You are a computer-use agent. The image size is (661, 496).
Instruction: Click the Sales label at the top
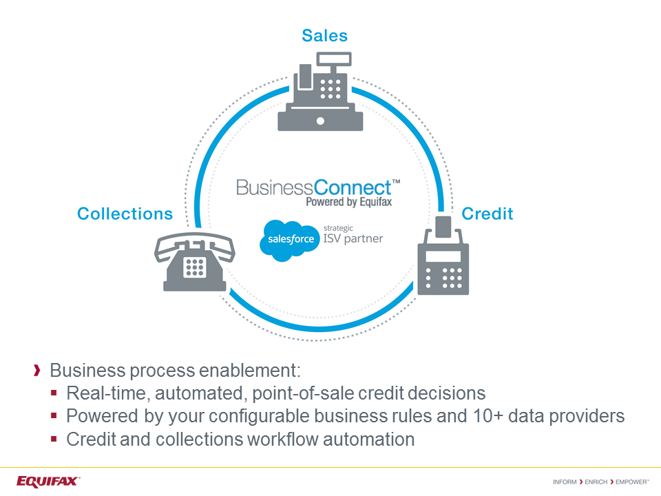point(324,36)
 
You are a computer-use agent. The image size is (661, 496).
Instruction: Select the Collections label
point(125,214)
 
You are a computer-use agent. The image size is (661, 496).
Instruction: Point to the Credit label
point(487,214)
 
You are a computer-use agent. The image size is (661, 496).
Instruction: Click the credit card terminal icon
point(443,265)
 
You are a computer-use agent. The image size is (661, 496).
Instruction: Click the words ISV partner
point(353,240)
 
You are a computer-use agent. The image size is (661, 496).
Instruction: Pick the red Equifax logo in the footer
point(48,481)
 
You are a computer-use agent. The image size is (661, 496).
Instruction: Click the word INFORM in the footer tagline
point(565,482)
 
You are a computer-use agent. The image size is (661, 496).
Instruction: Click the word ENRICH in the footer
point(596,482)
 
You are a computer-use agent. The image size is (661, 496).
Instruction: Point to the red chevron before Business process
point(37,371)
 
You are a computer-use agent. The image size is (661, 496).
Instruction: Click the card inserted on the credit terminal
point(444,225)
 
